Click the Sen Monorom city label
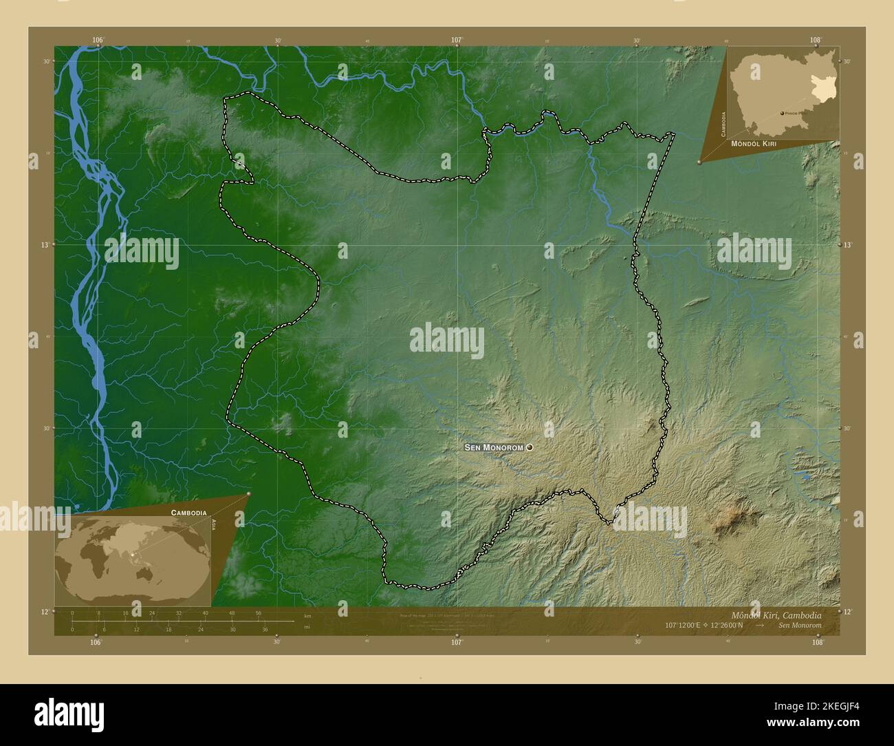(x=494, y=447)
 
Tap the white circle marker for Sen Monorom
(x=530, y=447)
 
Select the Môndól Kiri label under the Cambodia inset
(x=759, y=144)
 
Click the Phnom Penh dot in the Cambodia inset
(x=782, y=113)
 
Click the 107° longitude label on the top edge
(x=457, y=40)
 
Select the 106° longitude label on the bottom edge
(x=96, y=642)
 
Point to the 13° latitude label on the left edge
(x=46, y=244)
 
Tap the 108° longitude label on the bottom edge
(x=817, y=642)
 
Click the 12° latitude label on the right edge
(x=847, y=612)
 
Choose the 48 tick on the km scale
(x=232, y=612)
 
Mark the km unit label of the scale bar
(x=307, y=615)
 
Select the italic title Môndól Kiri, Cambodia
(x=776, y=615)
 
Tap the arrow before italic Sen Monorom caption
(x=759, y=626)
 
